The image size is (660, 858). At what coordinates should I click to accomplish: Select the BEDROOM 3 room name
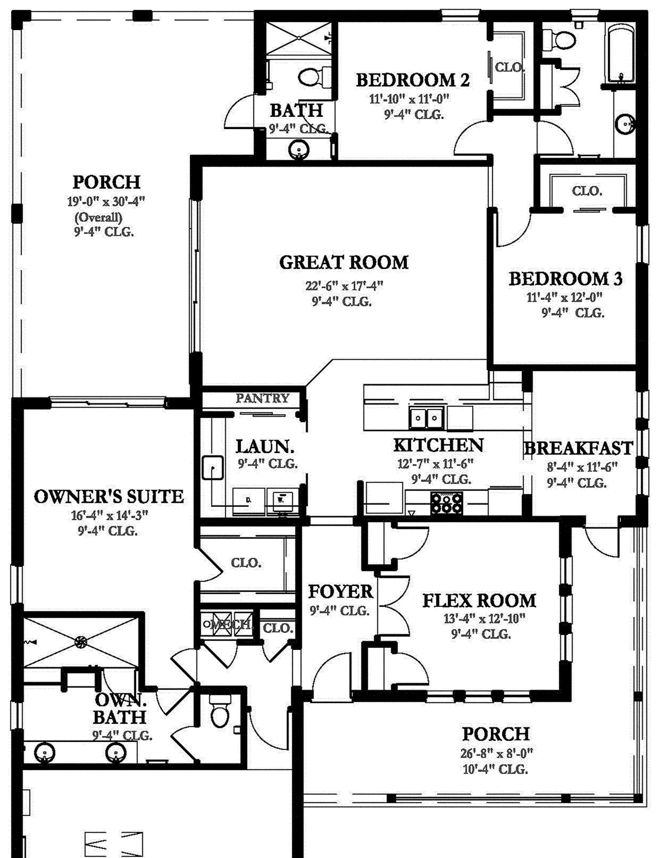coord(565,279)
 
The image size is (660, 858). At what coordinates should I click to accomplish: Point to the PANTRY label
coord(262,398)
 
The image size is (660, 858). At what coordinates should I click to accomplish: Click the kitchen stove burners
coord(446,503)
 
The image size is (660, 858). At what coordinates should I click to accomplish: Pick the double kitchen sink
coord(426,418)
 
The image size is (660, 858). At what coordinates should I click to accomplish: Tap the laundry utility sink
coord(213,467)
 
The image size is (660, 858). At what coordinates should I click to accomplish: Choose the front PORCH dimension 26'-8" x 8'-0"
coord(496,753)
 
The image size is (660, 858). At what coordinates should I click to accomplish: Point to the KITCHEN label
coord(438,445)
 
